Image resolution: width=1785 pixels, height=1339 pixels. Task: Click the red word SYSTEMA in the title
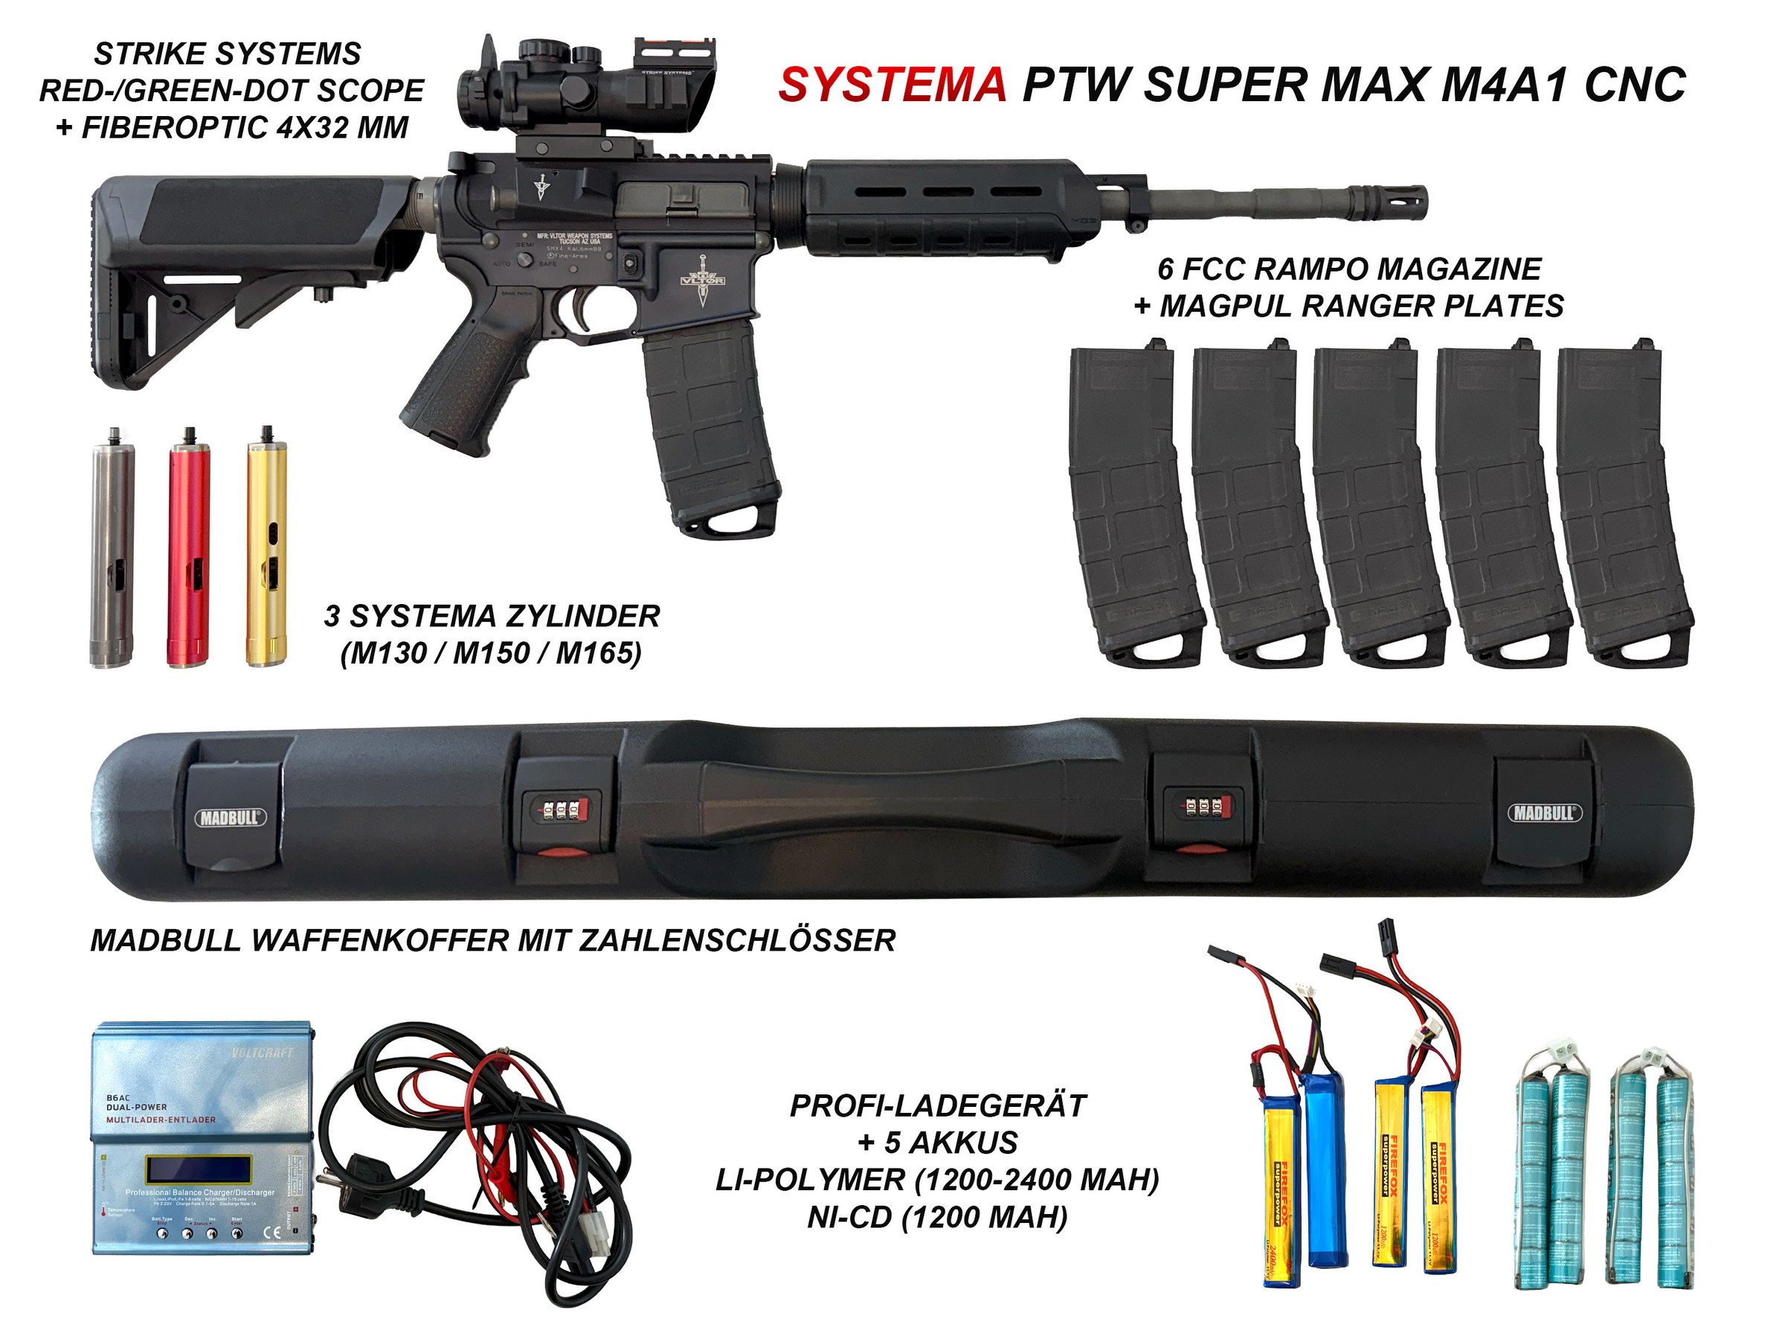click(x=892, y=85)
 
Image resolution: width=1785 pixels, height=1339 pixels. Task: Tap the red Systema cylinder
click(x=188, y=549)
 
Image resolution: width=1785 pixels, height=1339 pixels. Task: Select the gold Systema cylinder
click(x=266, y=549)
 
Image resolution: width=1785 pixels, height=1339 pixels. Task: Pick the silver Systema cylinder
click(x=112, y=549)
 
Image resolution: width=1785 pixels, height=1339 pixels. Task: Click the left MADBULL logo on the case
click(x=230, y=818)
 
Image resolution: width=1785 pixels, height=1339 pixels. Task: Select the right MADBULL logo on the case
click(x=1545, y=813)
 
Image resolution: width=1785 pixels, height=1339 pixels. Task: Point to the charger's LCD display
click(x=198, y=1168)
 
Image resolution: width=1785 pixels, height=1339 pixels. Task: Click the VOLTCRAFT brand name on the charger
click(x=263, y=1053)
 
